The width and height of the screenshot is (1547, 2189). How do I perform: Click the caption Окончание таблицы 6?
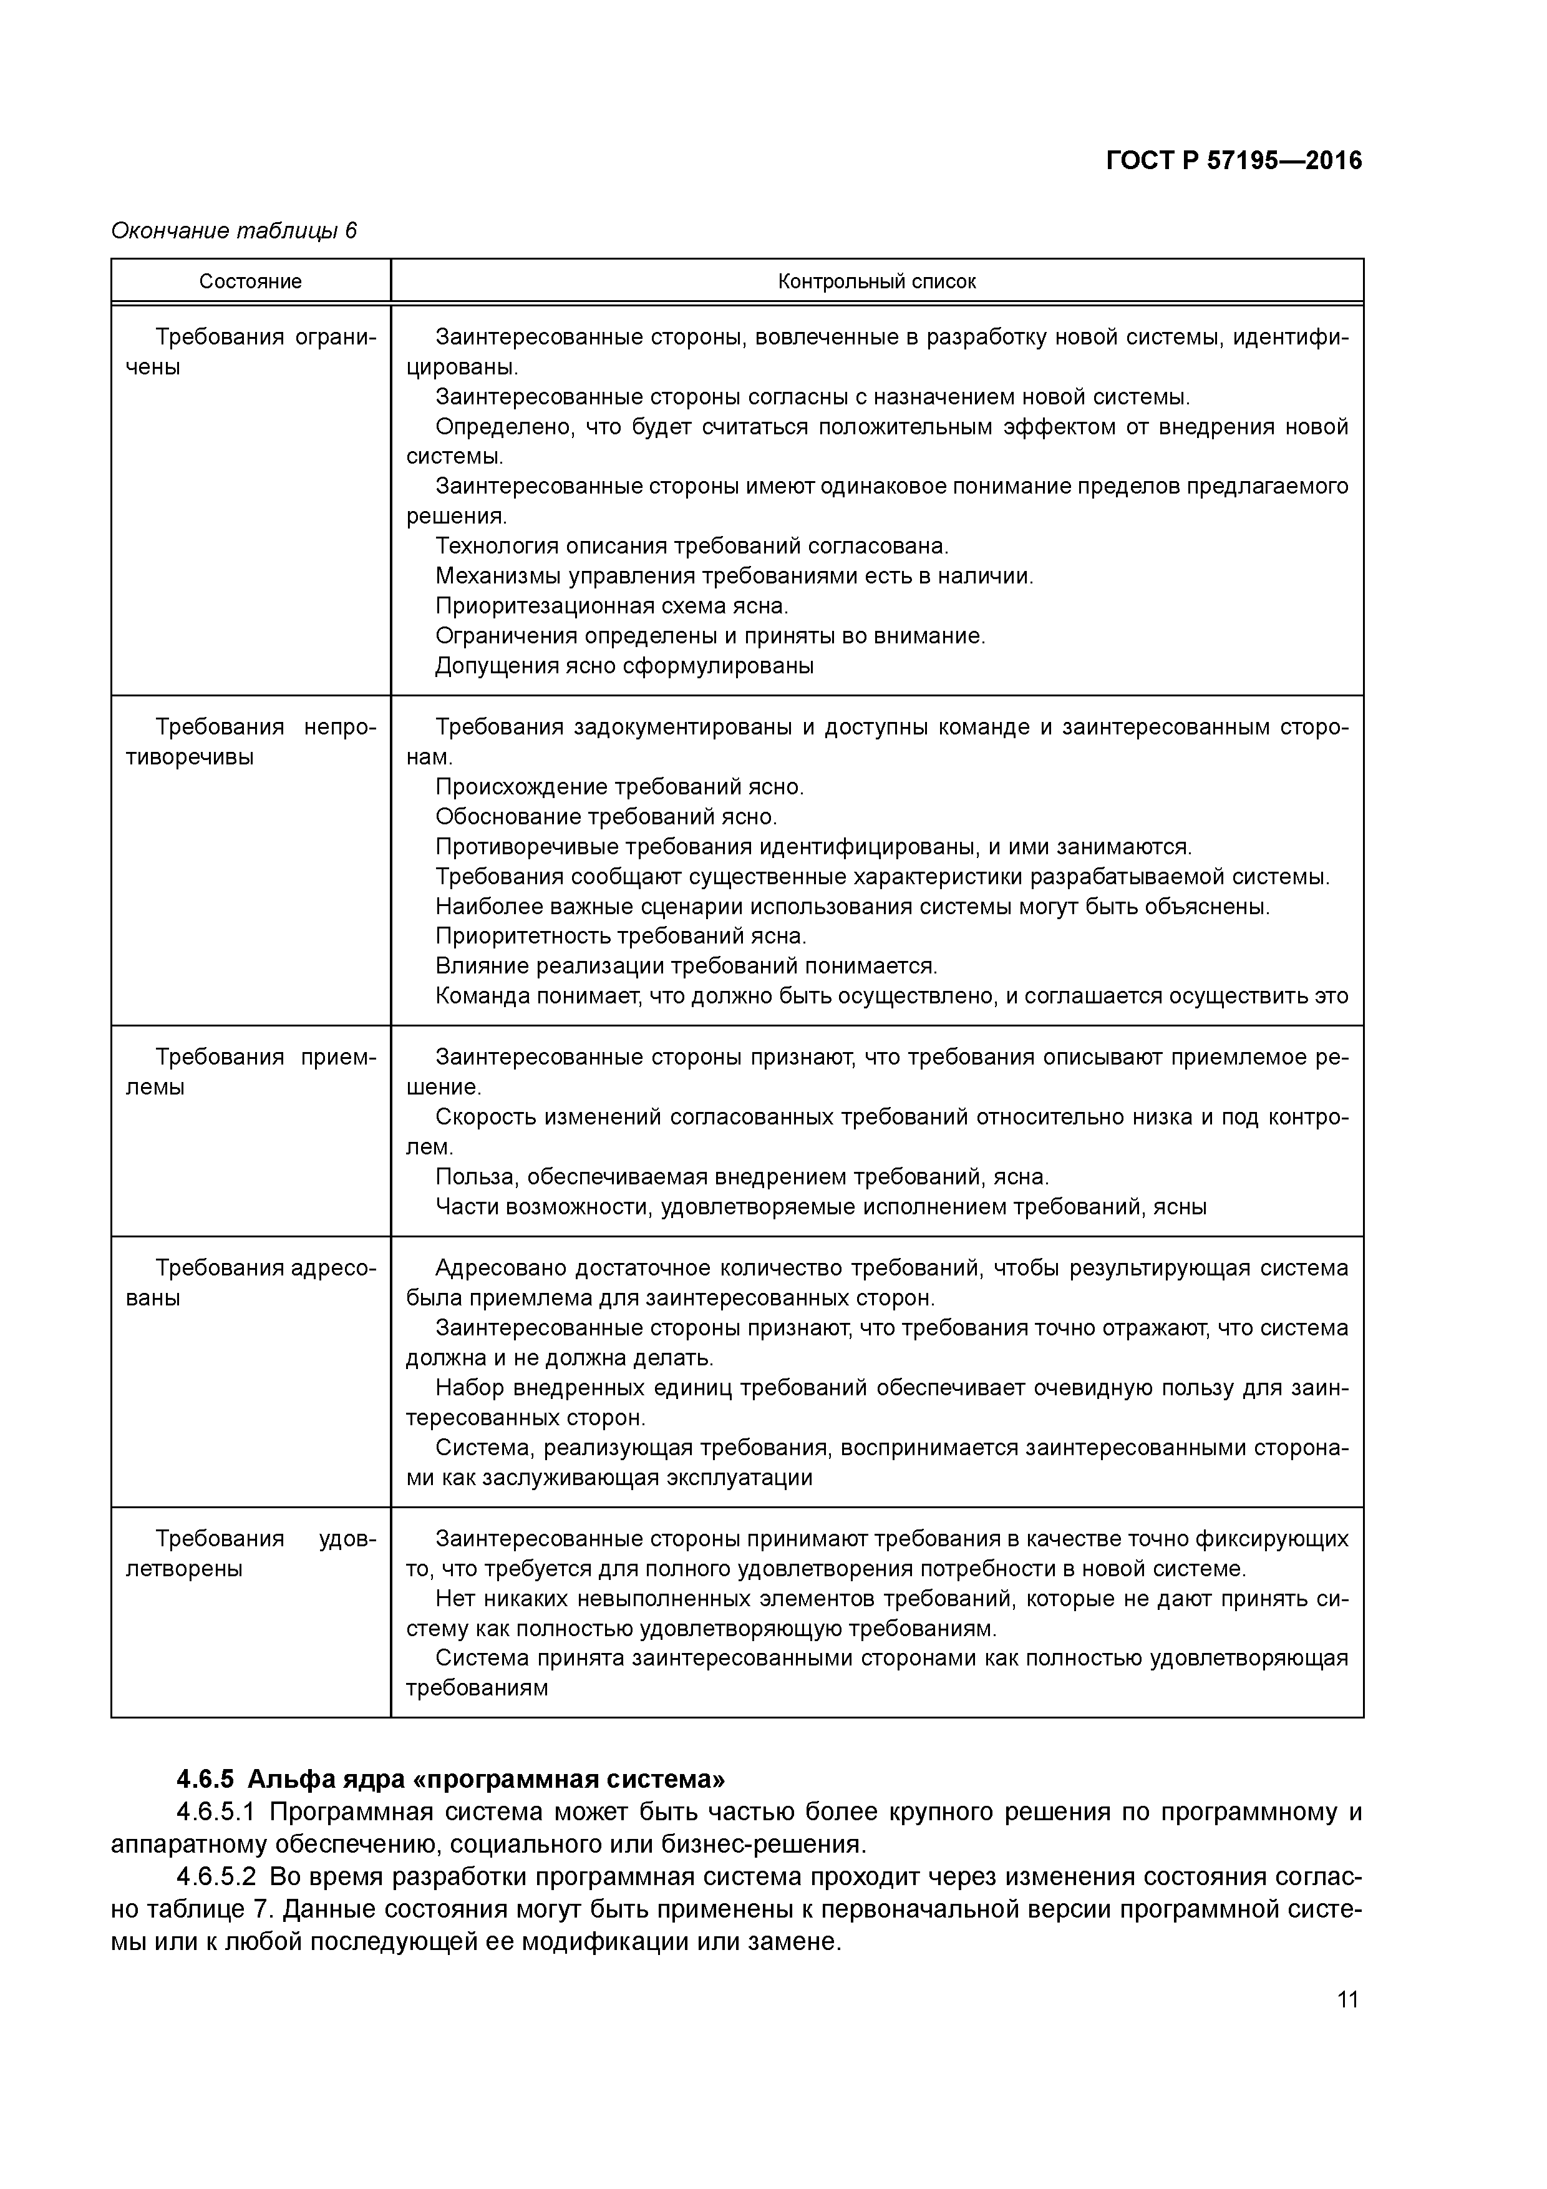coord(233,232)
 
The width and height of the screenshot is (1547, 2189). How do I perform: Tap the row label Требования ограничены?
coord(251,352)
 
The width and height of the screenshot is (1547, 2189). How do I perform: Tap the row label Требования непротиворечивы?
coord(251,742)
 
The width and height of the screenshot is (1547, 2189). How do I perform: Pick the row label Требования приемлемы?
coord(251,1071)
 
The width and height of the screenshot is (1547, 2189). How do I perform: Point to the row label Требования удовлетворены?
coord(251,1553)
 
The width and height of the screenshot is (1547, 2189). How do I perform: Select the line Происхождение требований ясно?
coord(619,787)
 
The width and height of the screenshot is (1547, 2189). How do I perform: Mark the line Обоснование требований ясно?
coord(606,817)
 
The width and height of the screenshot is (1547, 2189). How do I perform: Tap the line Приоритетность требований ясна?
coord(621,936)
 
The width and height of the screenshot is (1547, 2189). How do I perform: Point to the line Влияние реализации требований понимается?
coord(686,967)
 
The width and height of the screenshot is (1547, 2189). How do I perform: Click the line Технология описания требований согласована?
coord(692,546)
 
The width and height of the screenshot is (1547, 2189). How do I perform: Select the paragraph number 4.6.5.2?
coord(216,1877)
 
